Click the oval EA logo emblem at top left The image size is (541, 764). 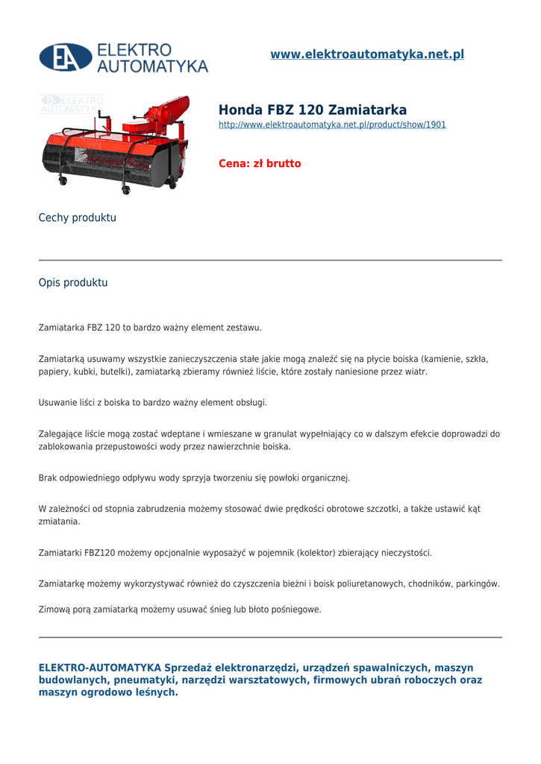coord(66,57)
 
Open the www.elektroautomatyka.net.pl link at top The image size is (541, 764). coord(366,54)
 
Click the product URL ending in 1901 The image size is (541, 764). coord(332,125)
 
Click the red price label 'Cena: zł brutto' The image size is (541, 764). coord(260,163)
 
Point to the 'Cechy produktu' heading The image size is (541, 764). coord(78,218)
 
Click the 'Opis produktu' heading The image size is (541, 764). coord(73,283)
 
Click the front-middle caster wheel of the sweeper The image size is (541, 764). coord(126,190)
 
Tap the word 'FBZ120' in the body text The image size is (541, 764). coord(100,553)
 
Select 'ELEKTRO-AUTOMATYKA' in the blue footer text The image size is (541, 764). coord(100,667)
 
